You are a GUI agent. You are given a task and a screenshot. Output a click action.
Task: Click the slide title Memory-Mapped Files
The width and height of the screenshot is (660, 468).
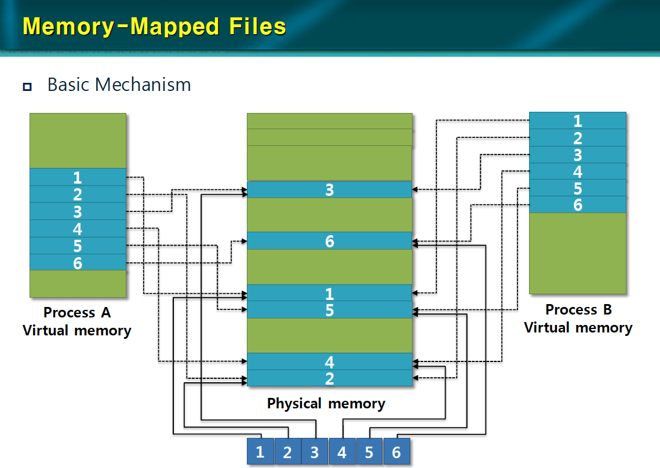(x=154, y=27)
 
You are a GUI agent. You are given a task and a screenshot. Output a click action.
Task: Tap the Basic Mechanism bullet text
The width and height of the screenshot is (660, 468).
(x=119, y=85)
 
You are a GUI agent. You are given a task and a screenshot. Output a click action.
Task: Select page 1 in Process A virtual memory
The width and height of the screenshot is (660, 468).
(x=78, y=177)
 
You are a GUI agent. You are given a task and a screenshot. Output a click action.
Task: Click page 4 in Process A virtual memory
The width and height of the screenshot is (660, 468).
(x=78, y=229)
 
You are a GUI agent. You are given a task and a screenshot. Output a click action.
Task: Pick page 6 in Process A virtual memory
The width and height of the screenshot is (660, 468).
(x=78, y=263)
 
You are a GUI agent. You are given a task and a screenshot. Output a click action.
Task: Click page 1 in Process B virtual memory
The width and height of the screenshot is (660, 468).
(x=578, y=121)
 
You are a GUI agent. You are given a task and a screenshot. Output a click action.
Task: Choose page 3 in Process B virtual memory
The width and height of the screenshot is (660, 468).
(x=578, y=155)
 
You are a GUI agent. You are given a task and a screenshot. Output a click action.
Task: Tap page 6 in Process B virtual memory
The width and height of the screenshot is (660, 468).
(x=578, y=204)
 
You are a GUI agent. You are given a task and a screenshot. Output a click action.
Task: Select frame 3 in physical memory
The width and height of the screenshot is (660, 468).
(x=329, y=190)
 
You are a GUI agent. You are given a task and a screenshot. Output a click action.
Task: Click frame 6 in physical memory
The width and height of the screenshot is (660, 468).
(x=329, y=241)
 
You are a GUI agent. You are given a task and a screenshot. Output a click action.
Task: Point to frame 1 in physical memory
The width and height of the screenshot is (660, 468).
(x=329, y=293)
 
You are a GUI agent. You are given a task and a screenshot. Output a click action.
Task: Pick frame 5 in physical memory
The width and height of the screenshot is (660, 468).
(x=329, y=310)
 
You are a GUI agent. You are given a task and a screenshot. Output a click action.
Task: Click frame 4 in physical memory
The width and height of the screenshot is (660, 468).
(x=329, y=362)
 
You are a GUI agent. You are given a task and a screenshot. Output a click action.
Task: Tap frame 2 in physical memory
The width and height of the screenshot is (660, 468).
(x=329, y=378)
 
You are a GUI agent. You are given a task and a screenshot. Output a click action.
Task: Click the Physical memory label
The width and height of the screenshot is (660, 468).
(x=326, y=404)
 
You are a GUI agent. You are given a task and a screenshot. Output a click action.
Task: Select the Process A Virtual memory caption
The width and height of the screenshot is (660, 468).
(x=77, y=322)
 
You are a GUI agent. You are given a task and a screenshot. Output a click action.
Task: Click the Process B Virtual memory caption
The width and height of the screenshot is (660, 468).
(x=578, y=319)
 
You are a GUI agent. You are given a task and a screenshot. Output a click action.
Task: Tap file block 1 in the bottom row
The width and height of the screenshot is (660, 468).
(x=260, y=452)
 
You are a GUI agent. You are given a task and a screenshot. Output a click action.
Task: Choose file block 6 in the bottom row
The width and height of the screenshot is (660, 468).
(x=396, y=452)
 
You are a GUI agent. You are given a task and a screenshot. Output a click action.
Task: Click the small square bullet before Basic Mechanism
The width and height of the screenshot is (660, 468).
(x=27, y=87)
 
